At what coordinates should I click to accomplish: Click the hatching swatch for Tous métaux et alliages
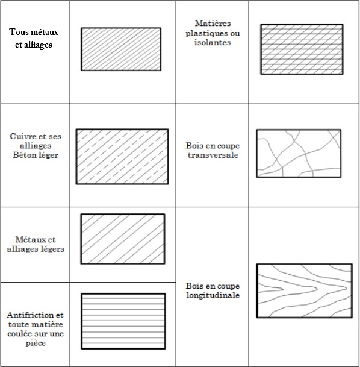click(x=121, y=49)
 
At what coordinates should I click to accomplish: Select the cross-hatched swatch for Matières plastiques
click(x=302, y=49)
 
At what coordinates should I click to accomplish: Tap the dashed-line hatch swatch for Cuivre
click(x=122, y=157)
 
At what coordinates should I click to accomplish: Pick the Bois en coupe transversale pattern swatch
click(x=299, y=153)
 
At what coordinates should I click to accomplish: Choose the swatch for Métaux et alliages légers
click(x=123, y=239)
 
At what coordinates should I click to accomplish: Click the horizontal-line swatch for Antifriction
click(x=123, y=321)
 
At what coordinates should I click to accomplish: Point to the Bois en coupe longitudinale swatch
click(x=305, y=290)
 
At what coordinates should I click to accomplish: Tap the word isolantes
click(x=213, y=43)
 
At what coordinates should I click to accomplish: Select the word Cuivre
click(x=21, y=136)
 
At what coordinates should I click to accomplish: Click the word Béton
click(x=23, y=155)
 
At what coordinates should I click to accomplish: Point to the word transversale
click(x=213, y=155)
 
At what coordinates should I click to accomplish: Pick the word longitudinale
click(x=213, y=295)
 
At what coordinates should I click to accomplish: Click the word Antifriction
click(x=30, y=315)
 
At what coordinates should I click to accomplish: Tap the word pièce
click(x=36, y=343)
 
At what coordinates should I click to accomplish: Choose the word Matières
click(x=213, y=23)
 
